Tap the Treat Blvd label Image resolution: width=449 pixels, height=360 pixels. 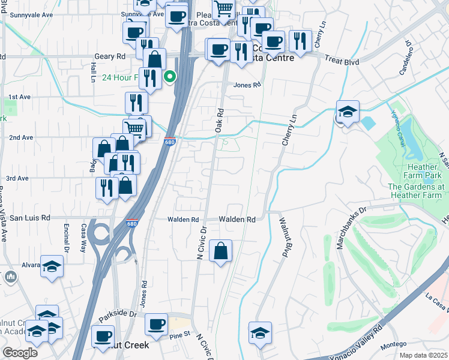[x=342, y=59]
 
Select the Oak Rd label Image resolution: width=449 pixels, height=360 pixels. [x=220, y=120]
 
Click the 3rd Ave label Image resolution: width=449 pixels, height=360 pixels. [x=17, y=178]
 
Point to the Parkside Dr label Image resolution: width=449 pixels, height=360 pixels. [x=118, y=314]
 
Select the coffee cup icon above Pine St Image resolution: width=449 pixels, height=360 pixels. [x=156, y=325]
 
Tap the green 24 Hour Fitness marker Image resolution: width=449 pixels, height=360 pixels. [x=170, y=76]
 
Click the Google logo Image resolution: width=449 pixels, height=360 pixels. [x=20, y=353]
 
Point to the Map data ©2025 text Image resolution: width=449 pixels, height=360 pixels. [x=423, y=355]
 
